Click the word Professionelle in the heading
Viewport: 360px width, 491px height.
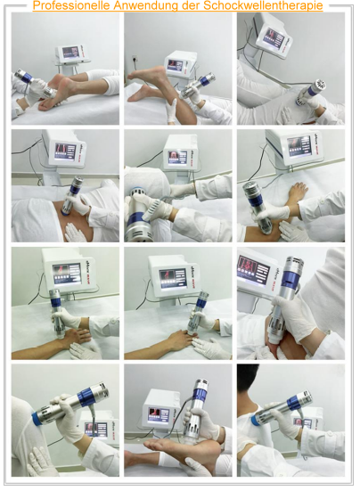click(x=71, y=5)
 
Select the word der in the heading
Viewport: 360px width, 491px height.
click(x=190, y=5)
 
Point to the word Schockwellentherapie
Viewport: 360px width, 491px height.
click(x=263, y=5)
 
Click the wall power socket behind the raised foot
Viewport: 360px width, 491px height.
click(x=135, y=59)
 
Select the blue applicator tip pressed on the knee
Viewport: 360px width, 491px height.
click(x=37, y=418)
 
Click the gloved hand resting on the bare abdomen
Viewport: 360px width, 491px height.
click(x=75, y=232)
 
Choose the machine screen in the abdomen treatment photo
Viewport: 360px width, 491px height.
click(x=65, y=151)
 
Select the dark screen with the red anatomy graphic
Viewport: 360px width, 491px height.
click(x=254, y=271)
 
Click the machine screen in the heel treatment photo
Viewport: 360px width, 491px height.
click(x=70, y=52)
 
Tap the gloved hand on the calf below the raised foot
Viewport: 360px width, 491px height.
click(x=171, y=110)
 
